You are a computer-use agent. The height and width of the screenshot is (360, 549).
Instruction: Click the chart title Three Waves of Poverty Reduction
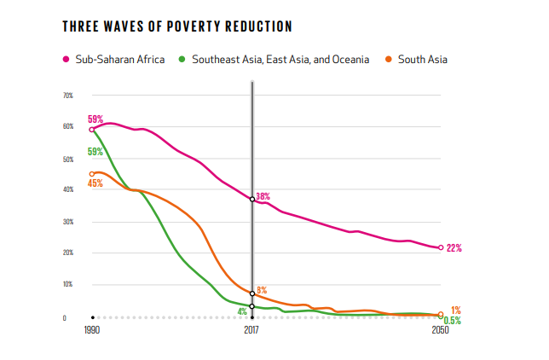pos(177,26)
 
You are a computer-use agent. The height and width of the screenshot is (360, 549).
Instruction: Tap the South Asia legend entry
pos(416,60)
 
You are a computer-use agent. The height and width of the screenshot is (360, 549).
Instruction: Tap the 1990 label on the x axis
pos(92,330)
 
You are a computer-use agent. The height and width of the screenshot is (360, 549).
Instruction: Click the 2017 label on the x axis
pos(252,330)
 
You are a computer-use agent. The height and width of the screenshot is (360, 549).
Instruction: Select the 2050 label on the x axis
pos(440,330)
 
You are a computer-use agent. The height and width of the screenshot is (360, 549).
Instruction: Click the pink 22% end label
pos(454,248)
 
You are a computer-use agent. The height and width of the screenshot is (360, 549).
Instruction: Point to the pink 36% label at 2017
pos(263,196)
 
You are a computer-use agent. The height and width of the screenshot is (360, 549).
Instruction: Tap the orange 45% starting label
pos(95,183)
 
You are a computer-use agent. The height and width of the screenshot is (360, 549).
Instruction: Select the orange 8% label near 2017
pos(262,291)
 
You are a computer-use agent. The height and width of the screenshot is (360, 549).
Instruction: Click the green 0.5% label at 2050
pos(453,321)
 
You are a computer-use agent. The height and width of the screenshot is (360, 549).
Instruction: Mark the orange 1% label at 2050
pos(456,310)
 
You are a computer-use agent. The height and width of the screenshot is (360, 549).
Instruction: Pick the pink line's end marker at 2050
pos(441,248)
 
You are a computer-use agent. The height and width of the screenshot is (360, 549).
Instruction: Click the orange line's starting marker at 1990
pos(92,174)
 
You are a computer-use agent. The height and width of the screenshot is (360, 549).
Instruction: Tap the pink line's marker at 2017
pos(252,200)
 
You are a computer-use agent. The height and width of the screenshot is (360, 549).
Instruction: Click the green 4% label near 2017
pos(242,312)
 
